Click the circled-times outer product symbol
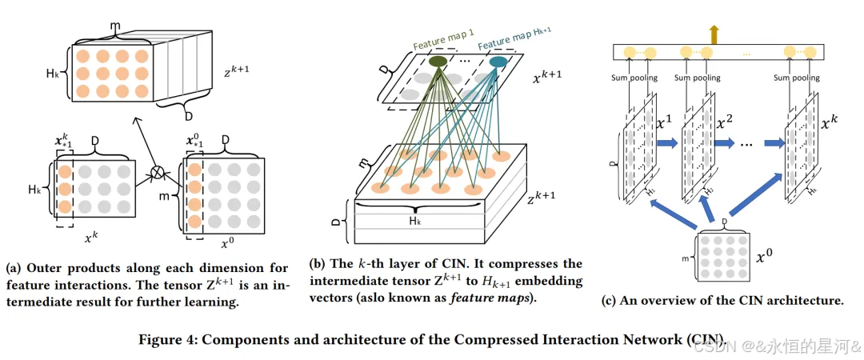158,172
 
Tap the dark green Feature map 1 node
438,61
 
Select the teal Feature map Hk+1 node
498,62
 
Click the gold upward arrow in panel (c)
714,34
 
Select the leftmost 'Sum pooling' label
635,78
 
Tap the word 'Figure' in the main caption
162,339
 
